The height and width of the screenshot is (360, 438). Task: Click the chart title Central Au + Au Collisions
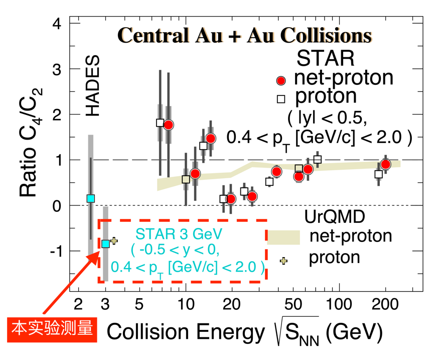[x=245, y=36]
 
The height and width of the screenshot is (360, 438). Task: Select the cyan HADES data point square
[x=91, y=198]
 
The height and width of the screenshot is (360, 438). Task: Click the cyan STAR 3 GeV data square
[x=105, y=244]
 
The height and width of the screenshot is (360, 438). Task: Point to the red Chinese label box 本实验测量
[x=53, y=329]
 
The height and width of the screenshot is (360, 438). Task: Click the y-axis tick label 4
[x=58, y=24]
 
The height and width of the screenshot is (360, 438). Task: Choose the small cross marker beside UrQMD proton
[x=283, y=261]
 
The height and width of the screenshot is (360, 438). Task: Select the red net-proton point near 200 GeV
[x=385, y=165]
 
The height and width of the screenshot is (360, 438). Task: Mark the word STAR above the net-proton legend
[x=326, y=58]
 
